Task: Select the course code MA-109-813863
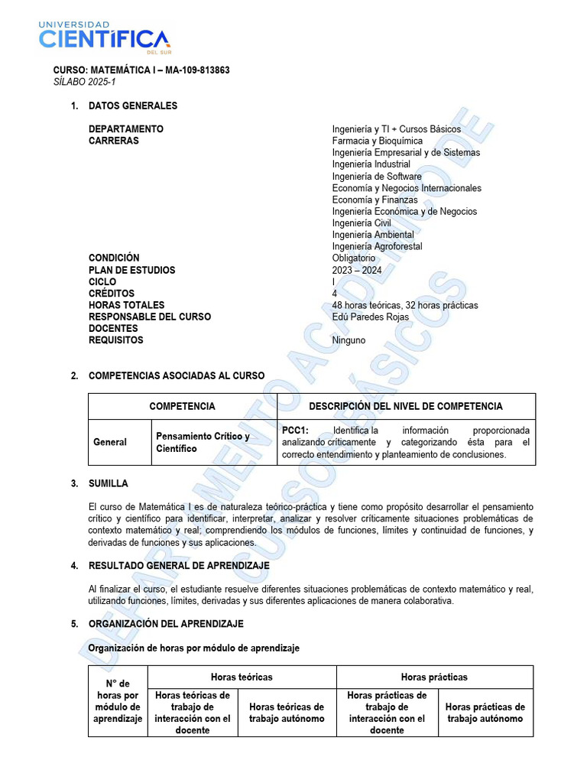click(x=195, y=70)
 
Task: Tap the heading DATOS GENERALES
click(x=133, y=106)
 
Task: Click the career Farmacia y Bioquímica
click(x=377, y=141)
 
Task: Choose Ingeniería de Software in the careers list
click(x=377, y=177)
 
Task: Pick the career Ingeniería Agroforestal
click(x=377, y=246)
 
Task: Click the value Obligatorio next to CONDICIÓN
click(x=354, y=258)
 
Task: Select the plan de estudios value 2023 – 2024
click(x=357, y=270)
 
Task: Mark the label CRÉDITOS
click(x=112, y=294)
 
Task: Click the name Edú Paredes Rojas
click(x=371, y=317)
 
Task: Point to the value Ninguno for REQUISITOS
click(x=349, y=340)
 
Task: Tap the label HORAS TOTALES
click(x=127, y=305)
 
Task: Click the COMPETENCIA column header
click(x=182, y=406)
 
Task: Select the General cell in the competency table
click(x=110, y=442)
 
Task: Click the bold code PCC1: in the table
click(x=295, y=430)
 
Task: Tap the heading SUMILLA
click(x=109, y=483)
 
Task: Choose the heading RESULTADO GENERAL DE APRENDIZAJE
click(x=179, y=565)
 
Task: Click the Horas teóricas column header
click(x=242, y=677)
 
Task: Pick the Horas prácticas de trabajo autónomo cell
click(x=485, y=713)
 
